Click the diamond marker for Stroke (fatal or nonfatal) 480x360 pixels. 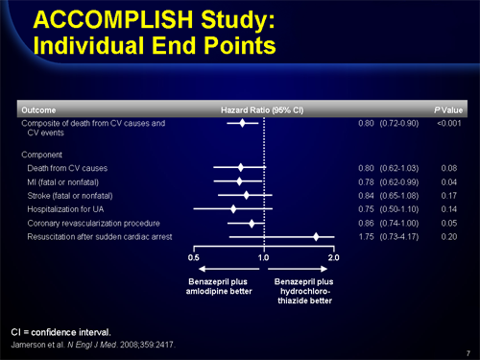click(x=247, y=195)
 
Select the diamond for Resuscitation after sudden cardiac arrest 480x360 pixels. click(x=316, y=236)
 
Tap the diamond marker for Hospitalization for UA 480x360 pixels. click(x=233, y=208)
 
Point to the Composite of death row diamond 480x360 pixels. click(x=243, y=123)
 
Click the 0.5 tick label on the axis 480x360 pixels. click(x=193, y=258)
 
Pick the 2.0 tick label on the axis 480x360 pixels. click(x=334, y=258)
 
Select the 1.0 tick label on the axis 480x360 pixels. click(x=263, y=258)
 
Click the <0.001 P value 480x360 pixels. click(x=448, y=123)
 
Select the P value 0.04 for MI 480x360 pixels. click(x=448, y=181)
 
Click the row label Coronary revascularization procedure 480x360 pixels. click(x=85, y=223)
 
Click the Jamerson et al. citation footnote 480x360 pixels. click(x=93, y=342)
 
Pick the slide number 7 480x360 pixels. click(x=466, y=352)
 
